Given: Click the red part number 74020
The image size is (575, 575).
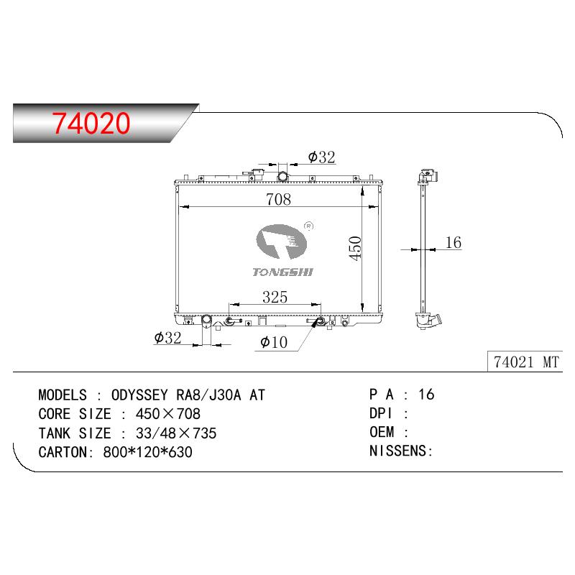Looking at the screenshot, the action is click(x=91, y=123).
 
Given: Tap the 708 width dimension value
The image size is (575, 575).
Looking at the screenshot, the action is click(x=278, y=199).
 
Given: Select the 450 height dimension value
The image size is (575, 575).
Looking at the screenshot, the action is click(x=355, y=248).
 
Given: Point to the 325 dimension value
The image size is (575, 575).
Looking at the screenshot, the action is click(x=275, y=297).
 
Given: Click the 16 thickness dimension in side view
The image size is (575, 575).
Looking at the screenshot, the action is click(x=453, y=242).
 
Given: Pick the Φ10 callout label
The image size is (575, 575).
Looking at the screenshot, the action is click(x=274, y=342).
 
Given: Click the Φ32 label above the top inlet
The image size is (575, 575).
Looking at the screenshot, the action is click(x=321, y=157).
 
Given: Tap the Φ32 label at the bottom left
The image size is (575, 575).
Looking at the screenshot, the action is click(x=167, y=338).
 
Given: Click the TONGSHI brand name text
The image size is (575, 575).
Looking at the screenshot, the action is click(x=282, y=272).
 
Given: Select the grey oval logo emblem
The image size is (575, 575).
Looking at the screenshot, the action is click(x=281, y=241).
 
